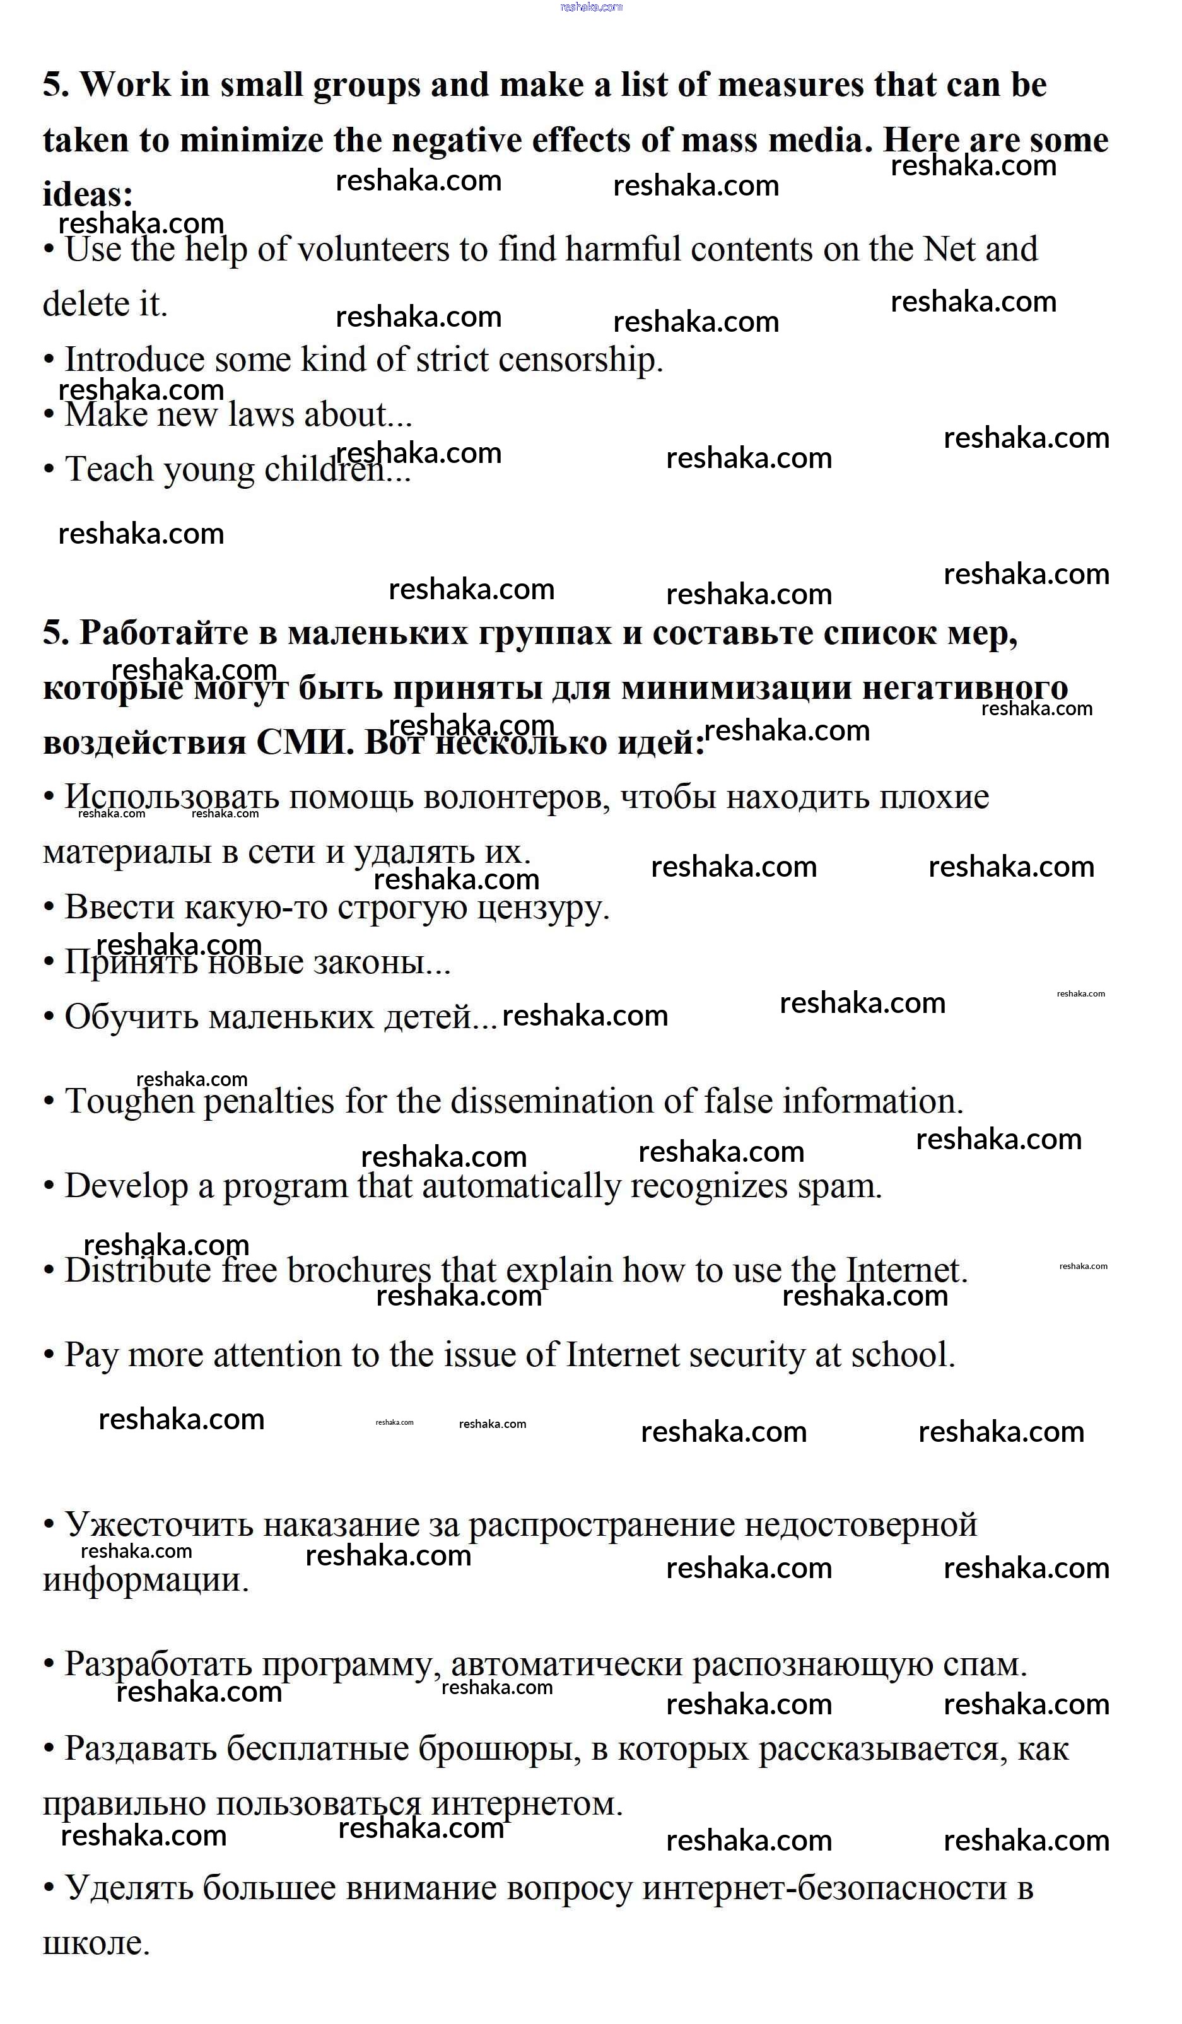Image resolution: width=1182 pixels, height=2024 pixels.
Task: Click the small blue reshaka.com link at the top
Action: click(591, 7)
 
